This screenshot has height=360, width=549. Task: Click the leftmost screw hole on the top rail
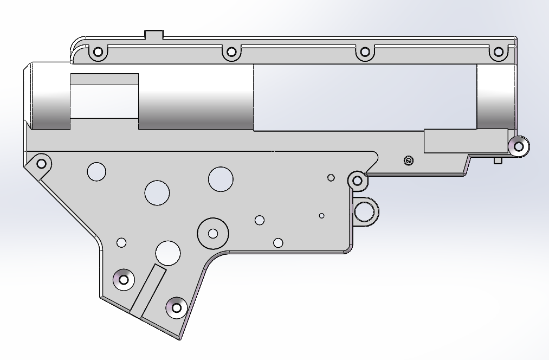point(98,53)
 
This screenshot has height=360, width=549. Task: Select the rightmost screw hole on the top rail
point(498,53)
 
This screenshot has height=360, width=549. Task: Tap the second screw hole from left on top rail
point(231,52)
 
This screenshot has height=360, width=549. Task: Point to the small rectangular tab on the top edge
point(154,34)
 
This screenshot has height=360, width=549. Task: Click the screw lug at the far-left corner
point(41,162)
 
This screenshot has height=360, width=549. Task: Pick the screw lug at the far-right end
point(518,146)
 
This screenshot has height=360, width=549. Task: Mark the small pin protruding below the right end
point(498,160)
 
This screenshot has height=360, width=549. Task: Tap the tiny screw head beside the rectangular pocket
point(409,160)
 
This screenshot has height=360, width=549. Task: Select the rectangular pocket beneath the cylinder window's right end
point(465,141)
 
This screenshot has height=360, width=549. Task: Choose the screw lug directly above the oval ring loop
point(357,180)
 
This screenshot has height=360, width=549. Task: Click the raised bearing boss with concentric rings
point(213,233)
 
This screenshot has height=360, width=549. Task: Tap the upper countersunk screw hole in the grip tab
point(124,279)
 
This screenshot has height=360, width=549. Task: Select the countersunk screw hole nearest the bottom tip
point(176,307)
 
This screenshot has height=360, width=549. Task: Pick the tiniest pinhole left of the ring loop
point(321,216)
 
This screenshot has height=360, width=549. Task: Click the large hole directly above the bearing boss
point(221,178)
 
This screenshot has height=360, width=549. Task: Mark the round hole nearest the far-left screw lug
point(96,171)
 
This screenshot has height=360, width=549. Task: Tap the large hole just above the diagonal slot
point(168,253)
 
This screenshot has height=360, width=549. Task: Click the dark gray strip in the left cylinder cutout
point(104,79)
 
